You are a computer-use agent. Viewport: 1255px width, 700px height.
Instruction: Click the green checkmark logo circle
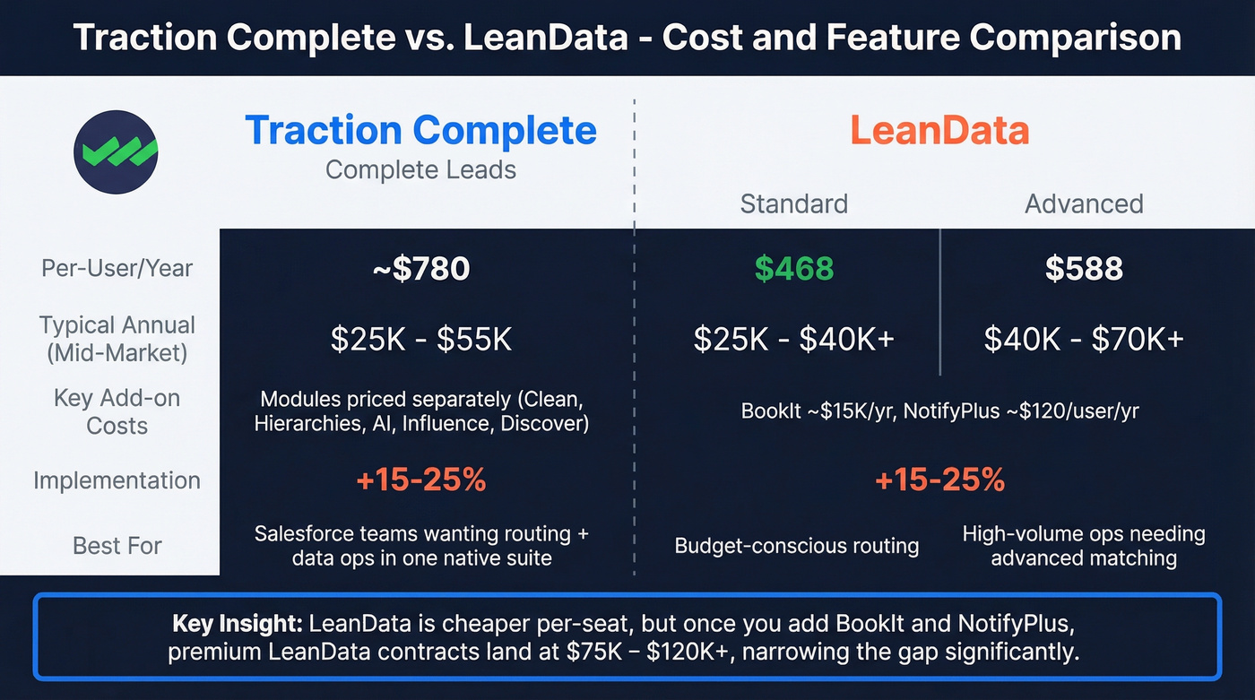point(116,151)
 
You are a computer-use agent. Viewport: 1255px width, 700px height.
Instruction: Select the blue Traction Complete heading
point(420,131)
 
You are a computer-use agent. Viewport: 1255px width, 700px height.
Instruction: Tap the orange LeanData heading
point(939,131)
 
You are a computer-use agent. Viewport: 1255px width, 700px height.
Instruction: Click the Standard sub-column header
point(793,203)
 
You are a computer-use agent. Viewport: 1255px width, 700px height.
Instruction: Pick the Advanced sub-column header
point(1084,203)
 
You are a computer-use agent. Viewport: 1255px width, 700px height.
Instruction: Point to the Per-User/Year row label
point(117,268)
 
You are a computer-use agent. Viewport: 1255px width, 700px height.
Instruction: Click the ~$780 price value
point(420,269)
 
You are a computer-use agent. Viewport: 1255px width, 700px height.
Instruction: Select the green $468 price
point(793,269)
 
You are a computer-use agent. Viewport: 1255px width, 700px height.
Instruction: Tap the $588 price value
point(1084,269)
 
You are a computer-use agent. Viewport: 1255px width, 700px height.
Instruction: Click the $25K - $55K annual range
point(420,339)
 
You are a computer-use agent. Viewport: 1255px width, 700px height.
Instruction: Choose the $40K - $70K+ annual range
point(1084,339)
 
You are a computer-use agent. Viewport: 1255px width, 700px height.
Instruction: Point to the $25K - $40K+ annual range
point(793,339)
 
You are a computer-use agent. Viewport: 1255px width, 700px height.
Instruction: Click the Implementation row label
point(117,480)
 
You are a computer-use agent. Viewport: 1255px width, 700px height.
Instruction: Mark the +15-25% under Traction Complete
point(420,480)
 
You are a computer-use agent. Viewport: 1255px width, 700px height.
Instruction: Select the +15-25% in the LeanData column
point(939,480)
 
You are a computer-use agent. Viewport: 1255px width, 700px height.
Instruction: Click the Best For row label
point(117,545)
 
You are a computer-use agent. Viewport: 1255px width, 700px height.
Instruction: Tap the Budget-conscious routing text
point(796,545)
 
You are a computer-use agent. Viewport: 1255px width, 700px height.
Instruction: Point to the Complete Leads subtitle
point(420,169)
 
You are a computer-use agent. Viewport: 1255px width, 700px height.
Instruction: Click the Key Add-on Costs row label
point(117,411)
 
